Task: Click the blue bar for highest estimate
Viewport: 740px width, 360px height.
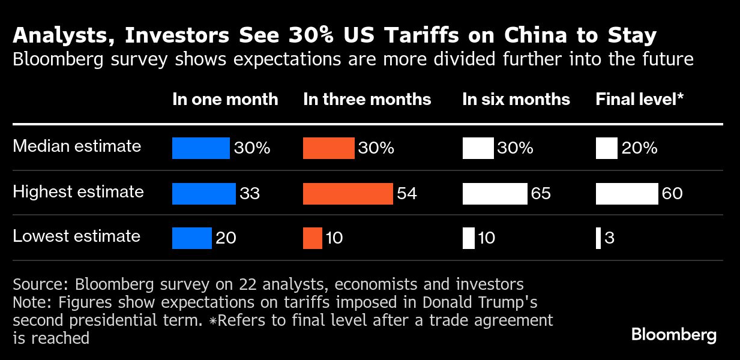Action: tap(203, 193)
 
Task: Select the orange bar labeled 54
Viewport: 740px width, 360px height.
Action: tap(347, 193)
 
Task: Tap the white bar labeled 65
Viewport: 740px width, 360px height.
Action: tap(495, 193)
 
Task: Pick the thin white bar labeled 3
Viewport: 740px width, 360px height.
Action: tap(598, 238)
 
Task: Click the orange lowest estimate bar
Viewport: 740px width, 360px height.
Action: tap(313, 238)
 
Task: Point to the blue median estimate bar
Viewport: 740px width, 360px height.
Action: tap(200, 148)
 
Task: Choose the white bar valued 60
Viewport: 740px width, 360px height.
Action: tap(627, 193)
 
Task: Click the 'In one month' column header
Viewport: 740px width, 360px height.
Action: tap(225, 100)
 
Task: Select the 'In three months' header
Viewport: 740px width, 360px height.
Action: tap(367, 100)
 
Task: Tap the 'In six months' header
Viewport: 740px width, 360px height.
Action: tap(516, 100)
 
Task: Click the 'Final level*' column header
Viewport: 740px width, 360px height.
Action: tap(640, 100)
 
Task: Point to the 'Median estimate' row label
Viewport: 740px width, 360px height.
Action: tap(77, 146)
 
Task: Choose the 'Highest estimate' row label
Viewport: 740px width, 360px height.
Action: tap(78, 192)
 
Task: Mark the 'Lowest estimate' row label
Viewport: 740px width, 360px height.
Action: tap(76, 236)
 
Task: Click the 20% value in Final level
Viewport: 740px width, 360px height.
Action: tap(639, 148)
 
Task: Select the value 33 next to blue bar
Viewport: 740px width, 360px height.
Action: tap(250, 194)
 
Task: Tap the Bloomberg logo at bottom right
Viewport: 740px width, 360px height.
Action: tap(674, 335)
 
